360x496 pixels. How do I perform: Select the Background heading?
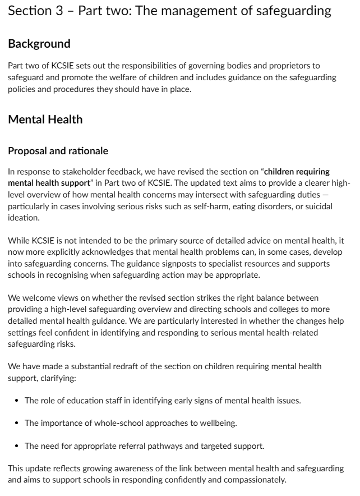pyautogui.click(x=39, y=44)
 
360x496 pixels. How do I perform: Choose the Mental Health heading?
pyautogui.click(x=45, y=119)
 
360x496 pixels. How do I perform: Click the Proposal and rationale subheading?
pyautogui.click(x=58, y=151)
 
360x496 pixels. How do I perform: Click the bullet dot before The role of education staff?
pyautogui.click(x=19, y=401)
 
